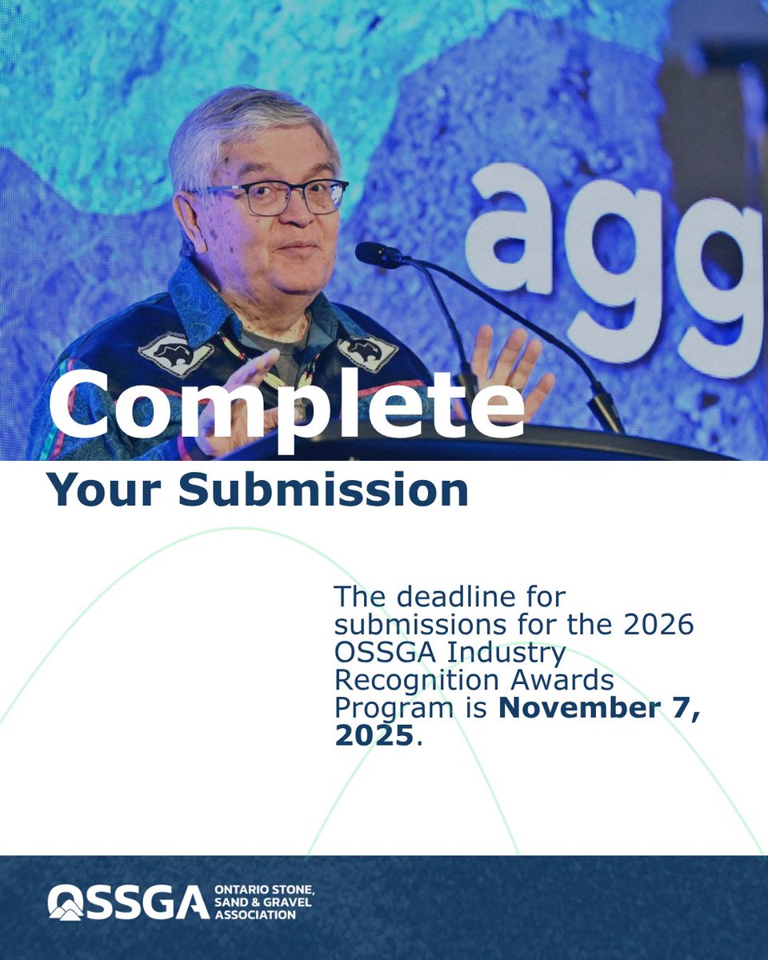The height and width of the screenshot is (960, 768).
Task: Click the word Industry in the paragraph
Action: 508,653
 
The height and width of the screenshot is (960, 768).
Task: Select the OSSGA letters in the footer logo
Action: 128,902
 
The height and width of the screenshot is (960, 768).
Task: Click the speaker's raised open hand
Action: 512,368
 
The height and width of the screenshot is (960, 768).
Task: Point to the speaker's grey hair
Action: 240,128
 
